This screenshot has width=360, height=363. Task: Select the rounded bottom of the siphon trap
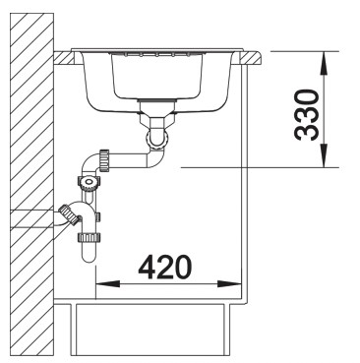pyautogui.click(x=86, y=254)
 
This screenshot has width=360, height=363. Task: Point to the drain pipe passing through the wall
pyautogui.click(x=39, y=218)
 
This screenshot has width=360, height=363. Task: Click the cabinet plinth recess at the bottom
pyautogui.click(x=157, y=325)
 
